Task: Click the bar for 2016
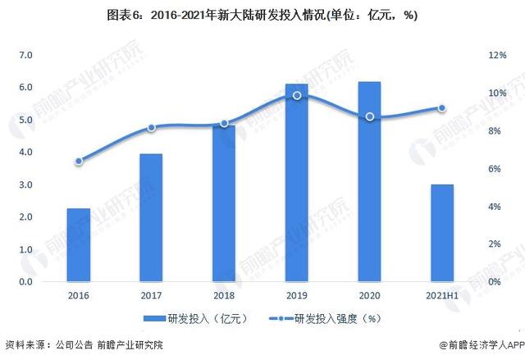point(79,245)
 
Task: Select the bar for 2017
point(151,218)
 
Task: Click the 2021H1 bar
point(442,233)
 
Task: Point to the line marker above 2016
point(79,162)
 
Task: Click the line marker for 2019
point(297,96)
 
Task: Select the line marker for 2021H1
point(442,108)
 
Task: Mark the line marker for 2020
point(369,117)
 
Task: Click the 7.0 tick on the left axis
point(25,55)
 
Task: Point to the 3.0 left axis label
point(25,185)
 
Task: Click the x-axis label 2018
point(224,294)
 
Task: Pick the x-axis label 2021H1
point(442,294)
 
